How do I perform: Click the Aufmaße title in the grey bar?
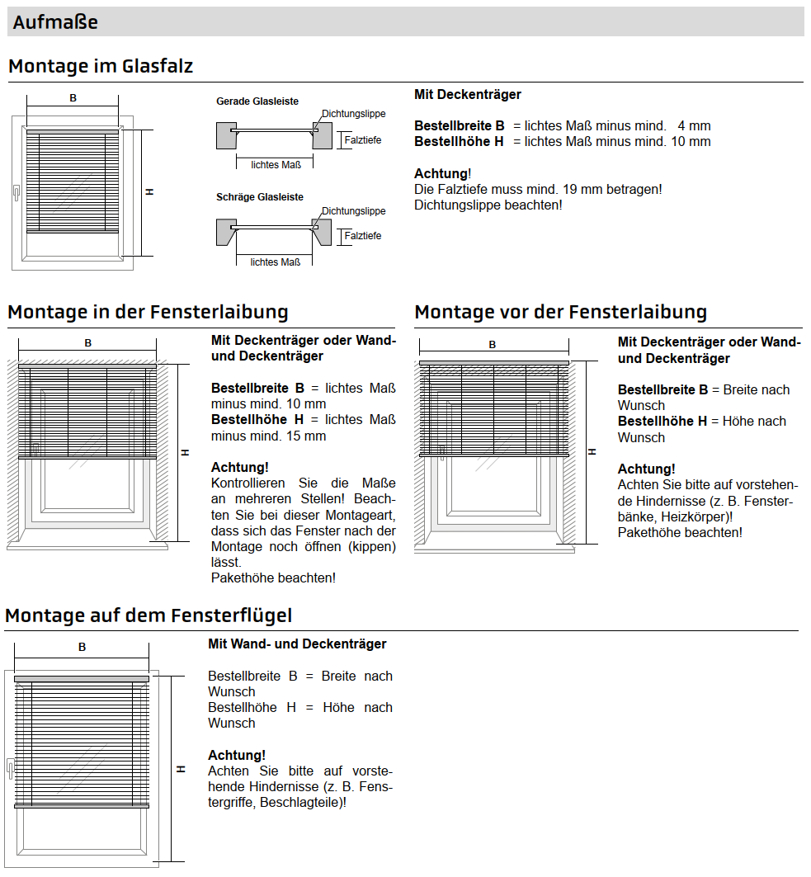pyautogui.click(x=55, y=22)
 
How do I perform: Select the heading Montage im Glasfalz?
pyautogui.click(x=101, y=66)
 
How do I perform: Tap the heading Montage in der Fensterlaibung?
pyautogui.click(x=148, y=312)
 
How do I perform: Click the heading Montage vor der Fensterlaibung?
pyautogui.click(x=560, y=312)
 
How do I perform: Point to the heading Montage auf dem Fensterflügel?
pyautogui.click(x=149, y=615)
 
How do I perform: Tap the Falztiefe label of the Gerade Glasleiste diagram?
pyautogui.click(x=363, y=140)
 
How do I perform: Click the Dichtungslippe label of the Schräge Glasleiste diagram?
pyautogui.click(x=353, y=211)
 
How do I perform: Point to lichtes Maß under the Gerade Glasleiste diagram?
pyautogui.click(x=276, y=164)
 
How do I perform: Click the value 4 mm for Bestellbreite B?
pyautogui.click(x=694, y=126)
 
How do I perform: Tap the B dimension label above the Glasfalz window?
pyautogui.click(x=73, y=98)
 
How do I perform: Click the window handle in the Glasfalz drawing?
pyautogui.click(x=16, y=193)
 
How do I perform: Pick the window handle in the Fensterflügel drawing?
pyautogui.click(x=9, y=768)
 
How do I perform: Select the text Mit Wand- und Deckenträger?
pyautogui.click(x=297, y=644)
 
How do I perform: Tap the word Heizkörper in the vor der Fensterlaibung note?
pyautogui.click(x=696, y=516)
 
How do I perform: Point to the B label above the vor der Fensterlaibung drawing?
pyautogui.click(x=493, y=345)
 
